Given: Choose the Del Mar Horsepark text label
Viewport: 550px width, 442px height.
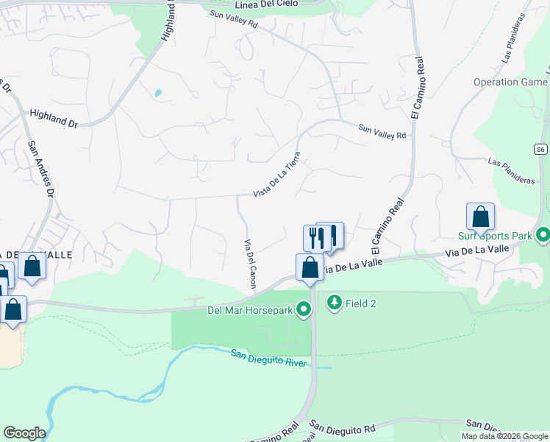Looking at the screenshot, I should [x=250, y=310].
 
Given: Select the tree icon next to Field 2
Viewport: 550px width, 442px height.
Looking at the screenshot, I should [x=335, y=303].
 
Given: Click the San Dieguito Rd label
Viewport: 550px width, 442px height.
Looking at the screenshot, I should [x=342, y=427].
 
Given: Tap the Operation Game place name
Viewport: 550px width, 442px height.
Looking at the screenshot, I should [x=510, y=83].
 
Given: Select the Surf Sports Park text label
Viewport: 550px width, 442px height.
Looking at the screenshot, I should [x=495, y=236].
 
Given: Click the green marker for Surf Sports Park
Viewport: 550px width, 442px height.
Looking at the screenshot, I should [x=543, y=235].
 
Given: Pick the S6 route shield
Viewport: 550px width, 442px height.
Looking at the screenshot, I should [x=540, y=149].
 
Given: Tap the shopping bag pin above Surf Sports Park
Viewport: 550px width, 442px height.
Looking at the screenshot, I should [x=480, y=217].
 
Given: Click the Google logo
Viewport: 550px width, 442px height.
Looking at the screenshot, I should [x=24, y=433].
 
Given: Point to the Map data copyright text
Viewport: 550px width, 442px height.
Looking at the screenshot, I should [x=504, y=436].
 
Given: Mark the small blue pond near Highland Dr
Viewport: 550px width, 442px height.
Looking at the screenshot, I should [x=157, y=94].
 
